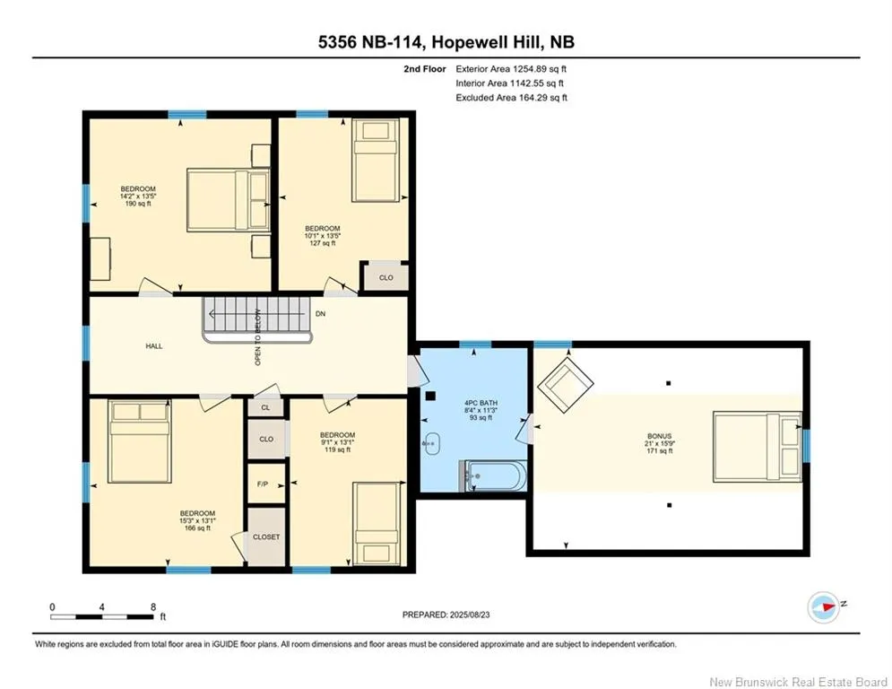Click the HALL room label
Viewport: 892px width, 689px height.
153,345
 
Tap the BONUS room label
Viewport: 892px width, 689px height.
659,436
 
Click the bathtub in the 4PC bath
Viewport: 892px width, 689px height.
493,475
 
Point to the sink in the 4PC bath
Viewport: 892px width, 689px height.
432,443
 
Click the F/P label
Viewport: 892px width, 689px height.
263,484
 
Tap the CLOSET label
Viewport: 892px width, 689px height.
266,537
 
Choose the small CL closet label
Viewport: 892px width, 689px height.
265,407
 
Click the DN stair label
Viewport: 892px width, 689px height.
320,314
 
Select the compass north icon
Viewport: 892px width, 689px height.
824,607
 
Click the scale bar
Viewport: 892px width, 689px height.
102,616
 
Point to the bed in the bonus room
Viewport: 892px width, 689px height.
758,447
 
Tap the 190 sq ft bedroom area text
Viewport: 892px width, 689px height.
138,204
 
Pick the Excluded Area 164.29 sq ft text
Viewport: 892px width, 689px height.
511,98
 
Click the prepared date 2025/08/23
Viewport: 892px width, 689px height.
470,615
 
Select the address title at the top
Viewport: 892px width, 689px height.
446,42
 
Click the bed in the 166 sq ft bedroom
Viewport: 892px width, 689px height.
140,442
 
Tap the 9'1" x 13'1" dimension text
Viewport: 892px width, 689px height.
337,442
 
